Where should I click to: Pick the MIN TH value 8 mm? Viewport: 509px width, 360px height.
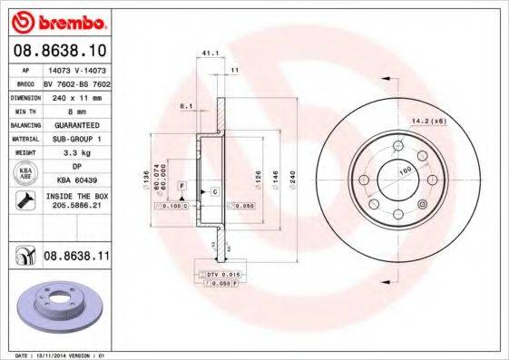(72, 111)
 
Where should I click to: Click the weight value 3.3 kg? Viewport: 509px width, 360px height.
(72, 153)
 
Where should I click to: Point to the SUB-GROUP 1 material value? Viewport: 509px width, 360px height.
(72, 138)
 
